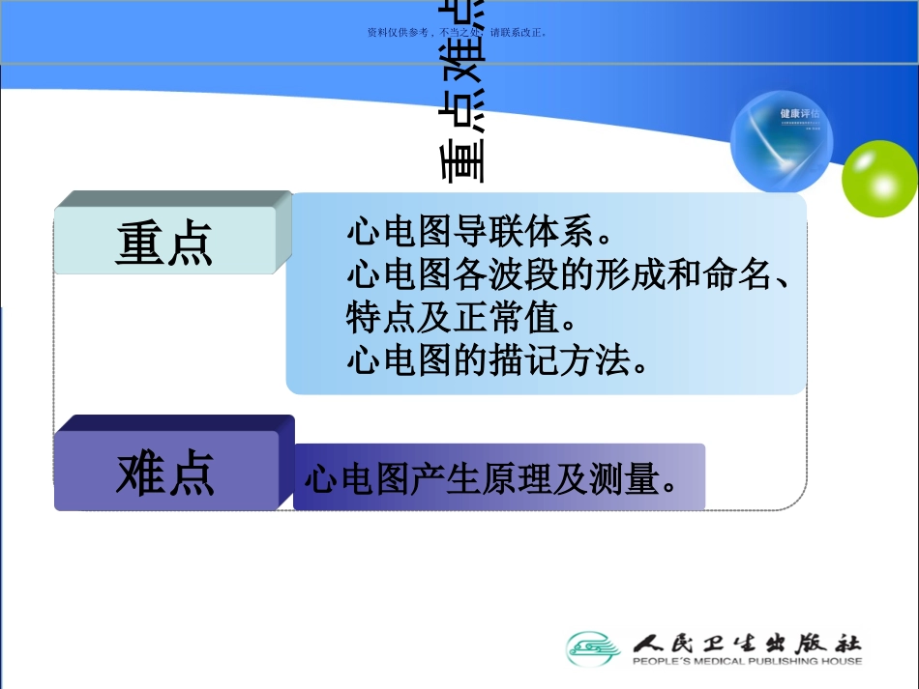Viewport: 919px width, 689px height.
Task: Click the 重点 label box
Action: coord(164,241)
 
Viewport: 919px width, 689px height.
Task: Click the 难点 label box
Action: coord(165,473)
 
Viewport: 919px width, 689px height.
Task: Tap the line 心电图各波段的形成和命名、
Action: coord(569,276)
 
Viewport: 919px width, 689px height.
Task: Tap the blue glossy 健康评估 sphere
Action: coord(782,141)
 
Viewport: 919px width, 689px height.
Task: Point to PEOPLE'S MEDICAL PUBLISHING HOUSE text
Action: coord(746,662)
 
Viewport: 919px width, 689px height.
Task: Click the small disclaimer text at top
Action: coord(459,32)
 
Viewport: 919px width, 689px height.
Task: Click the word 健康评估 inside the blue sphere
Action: coord(797,113)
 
